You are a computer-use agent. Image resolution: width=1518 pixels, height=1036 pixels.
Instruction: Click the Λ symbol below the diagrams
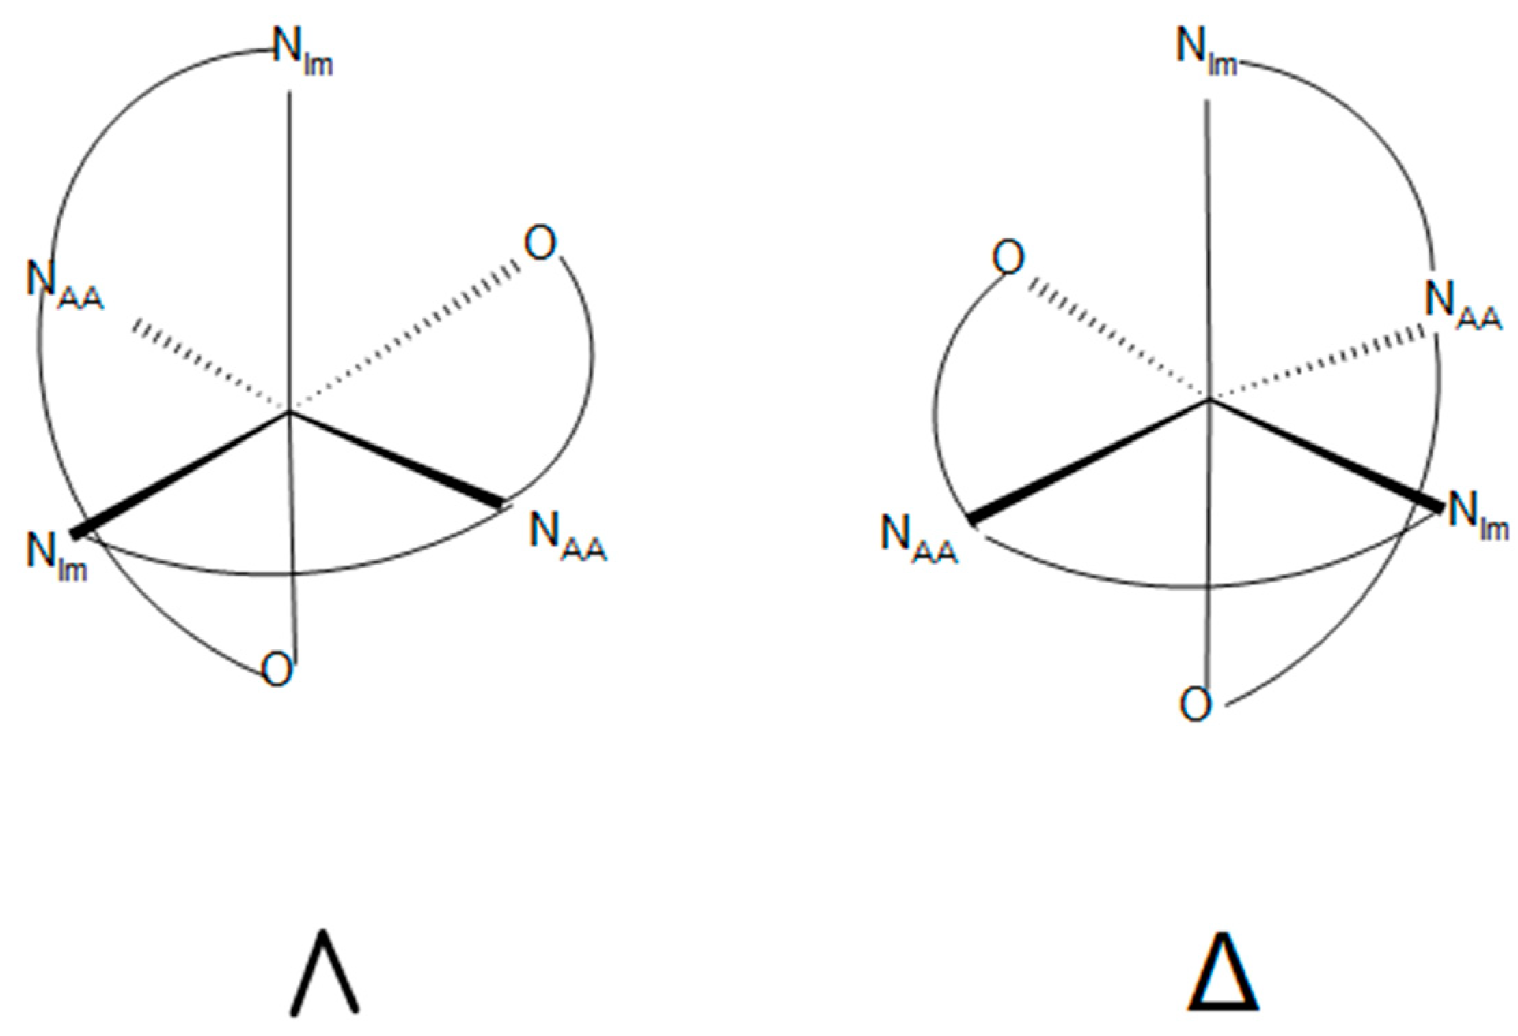(325, 972)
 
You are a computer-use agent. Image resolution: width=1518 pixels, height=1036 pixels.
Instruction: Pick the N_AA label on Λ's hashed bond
(64, 285)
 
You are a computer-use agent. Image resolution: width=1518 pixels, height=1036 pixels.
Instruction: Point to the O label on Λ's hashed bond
(540, 244)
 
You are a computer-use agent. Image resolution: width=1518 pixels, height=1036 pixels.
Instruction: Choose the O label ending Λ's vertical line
(277, 670)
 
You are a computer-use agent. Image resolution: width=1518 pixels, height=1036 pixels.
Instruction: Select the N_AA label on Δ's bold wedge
(918, 540)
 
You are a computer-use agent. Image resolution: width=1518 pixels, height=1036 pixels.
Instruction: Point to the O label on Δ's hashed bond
(1008, 259)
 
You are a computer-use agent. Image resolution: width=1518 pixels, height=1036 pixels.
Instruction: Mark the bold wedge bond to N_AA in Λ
(396, 458)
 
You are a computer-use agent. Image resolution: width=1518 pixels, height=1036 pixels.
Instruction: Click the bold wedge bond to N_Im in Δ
(1325, 453)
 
